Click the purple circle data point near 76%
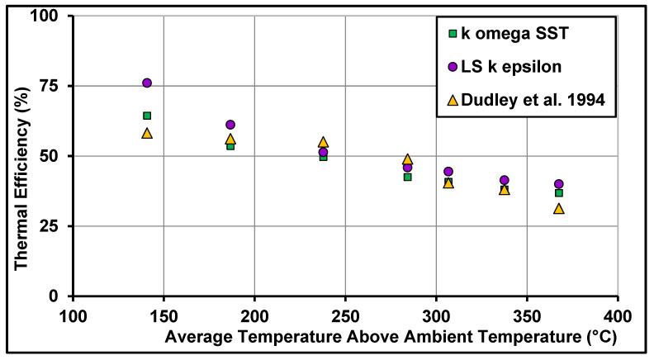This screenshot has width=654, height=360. click(x=147, y=83)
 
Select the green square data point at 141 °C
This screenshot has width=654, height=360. click(x=147, y=116)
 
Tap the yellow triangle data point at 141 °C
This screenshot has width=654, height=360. click(x=147, y=133)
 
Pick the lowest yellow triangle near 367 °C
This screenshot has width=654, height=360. click(x=559, y=209)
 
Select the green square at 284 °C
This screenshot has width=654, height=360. click(x=408, y=177)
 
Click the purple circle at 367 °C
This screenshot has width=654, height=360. click(x=559, y=184)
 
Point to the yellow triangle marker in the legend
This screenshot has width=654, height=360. click(x=453, y=100)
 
